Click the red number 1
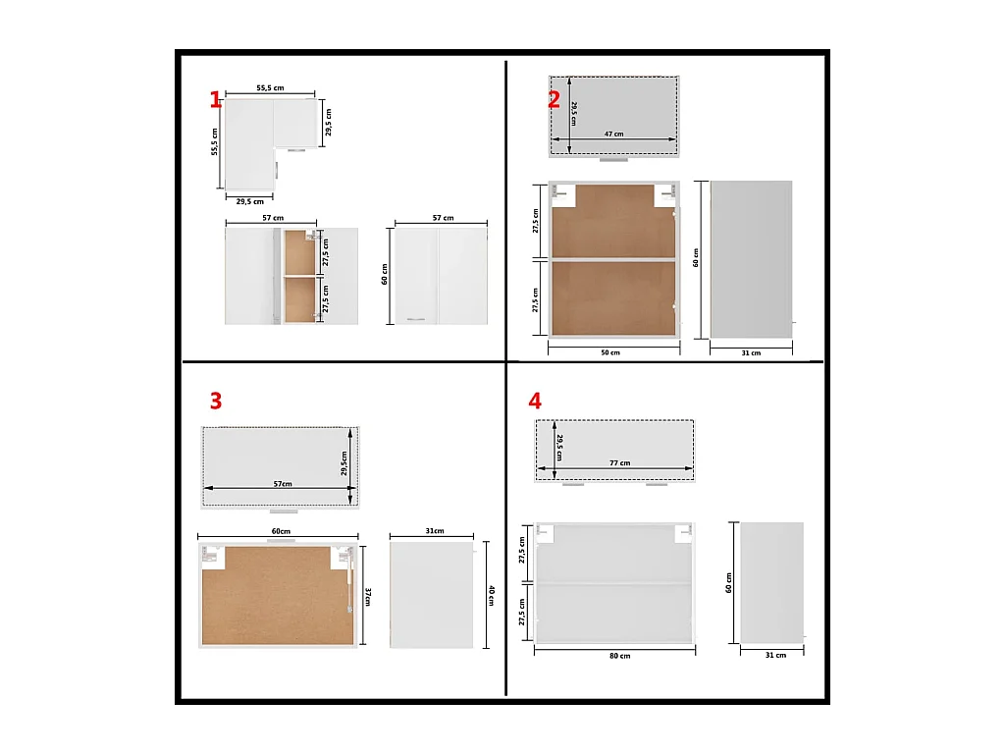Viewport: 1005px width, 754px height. pyautogui.click(x=215, y=99)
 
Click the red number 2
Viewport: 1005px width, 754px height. pyautogui.click(x=554, y=99)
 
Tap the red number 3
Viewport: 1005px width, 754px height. pyautogui.click(x=215, y=401)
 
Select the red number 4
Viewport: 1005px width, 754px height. pyautogui.click(x=535, y=401)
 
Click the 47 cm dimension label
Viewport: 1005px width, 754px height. pyautogui.click(x=613, y=134)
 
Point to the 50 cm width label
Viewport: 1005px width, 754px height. pyautogui.click(x=610, y=352)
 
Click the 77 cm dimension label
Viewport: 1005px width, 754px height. pyautogui.click(x=619, y=462)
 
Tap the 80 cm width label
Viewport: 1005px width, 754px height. pyautogui.click(x=619, y=655)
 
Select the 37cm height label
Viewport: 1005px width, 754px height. pyautogui.click(x=367, y=597)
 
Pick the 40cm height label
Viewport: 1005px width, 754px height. pyautogui.click(x=490, y=596)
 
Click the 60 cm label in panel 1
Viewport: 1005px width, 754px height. pyautogui.click(x=385, y=275)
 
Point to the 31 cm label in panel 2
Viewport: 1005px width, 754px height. pyautogui.click(x=750, y=352)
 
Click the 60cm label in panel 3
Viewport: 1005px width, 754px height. pyautogui.click(x=280, y=531)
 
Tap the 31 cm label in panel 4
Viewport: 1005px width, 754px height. pyautogui.click(x=775, y=655)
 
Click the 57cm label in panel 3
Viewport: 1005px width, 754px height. pyautogui.click(x=282, y=484)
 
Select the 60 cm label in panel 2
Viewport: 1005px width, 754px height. pyautogui.click(x=696, y=257)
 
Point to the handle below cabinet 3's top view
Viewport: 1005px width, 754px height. pyautogui.click(x=283, y=512)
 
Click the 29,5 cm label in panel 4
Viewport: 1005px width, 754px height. pyautogui.click(x=558, y=446)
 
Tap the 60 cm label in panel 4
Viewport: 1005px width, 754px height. pyautogui.click(x=728, y=583)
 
